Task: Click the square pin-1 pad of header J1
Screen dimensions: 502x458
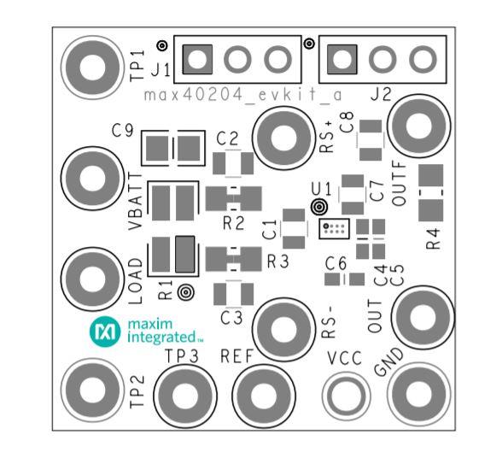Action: point(197,59)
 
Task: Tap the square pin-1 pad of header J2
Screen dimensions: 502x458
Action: point(341,59)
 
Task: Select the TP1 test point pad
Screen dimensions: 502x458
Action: point(92,68)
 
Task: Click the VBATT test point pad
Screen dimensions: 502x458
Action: point(92,179)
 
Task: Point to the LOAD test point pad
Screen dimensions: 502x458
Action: point(92,279)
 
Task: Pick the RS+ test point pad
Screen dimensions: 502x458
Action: point(284,138)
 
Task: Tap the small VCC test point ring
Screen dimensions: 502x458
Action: point(346,396)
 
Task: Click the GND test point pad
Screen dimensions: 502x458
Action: point(418,395)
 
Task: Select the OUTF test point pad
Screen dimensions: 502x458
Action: point(418,126)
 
